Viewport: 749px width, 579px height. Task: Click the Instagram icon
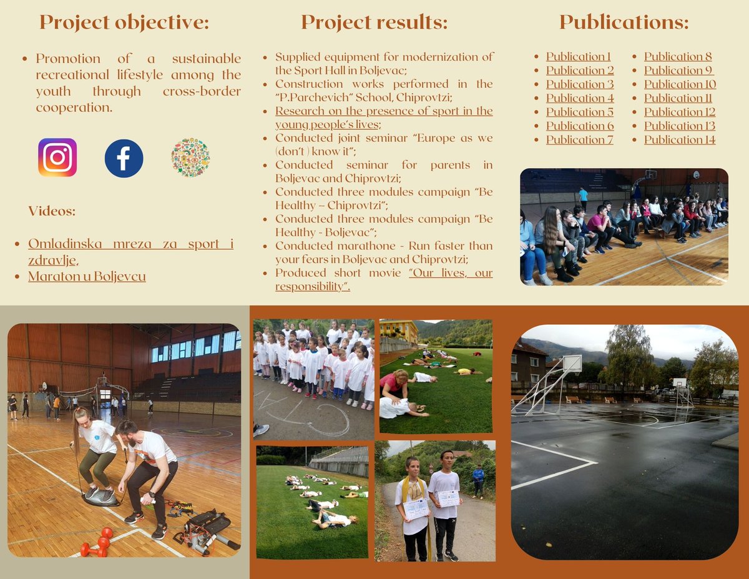click(57, 157)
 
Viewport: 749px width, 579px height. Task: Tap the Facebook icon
click(124, 158)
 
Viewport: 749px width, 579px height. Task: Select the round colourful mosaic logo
click(190, 157)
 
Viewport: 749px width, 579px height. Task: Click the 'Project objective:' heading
click(124, 22)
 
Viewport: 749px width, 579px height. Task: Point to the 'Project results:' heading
click(374, 22)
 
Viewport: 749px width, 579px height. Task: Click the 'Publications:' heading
click(624, 22)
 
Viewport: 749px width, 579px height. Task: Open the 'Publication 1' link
click(579, 56)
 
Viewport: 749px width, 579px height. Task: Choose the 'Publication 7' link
click(579, 139)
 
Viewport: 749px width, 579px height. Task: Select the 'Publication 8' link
click(678, 56)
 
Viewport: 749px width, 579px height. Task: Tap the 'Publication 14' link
click(680, 139)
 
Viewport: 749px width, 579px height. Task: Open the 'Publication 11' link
click(678, 98)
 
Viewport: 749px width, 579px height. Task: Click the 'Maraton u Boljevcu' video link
click(87, 276)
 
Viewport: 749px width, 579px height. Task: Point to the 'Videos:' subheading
click(52, 211)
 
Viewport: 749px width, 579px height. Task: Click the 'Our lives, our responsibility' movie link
click(451, 273)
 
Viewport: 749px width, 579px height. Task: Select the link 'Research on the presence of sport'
click(384, 111)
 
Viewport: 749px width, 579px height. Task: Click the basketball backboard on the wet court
click(572, 364)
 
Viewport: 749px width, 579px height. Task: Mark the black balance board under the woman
click(100, 498)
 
